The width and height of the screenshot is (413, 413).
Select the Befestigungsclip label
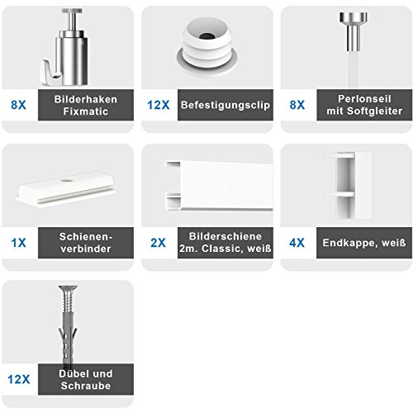[x=225, y=106]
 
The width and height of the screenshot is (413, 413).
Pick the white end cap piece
[x=345, y=179]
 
